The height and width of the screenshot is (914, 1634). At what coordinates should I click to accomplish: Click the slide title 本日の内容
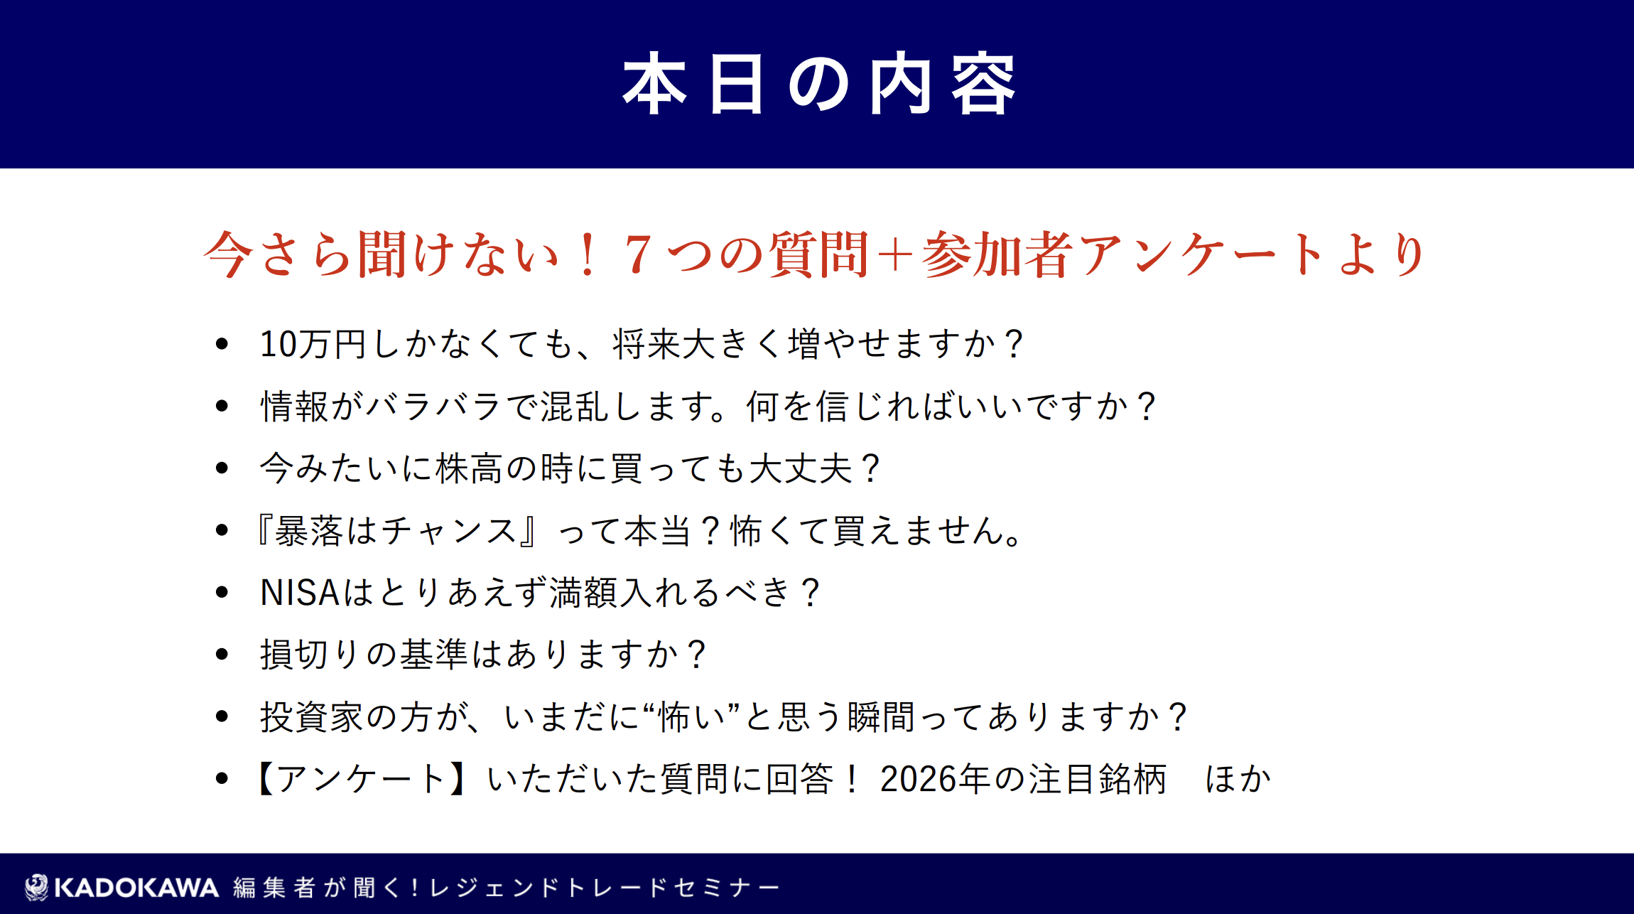819,83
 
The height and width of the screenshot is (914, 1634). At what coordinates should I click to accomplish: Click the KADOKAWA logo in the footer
121,887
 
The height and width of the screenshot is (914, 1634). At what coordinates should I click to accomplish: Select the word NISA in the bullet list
300,593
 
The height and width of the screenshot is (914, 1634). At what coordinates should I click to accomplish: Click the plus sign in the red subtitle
895,254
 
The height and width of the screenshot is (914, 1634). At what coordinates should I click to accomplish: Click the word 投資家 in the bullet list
312,716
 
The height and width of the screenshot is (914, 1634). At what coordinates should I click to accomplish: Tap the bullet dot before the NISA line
222,592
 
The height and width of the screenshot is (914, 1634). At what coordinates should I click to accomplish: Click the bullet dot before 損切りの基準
222,654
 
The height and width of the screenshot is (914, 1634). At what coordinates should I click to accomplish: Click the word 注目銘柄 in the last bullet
1098,779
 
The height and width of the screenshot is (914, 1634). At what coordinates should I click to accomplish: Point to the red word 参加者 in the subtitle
997,254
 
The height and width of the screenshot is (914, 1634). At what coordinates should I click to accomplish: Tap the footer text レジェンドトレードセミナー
605,888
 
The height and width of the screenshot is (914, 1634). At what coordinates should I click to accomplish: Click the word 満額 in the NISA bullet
583,593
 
